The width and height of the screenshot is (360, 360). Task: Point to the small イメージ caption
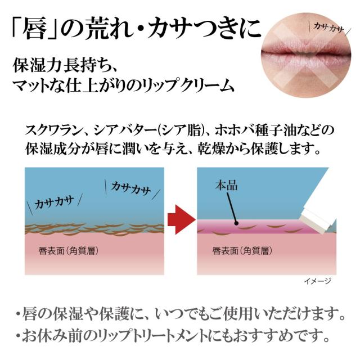click(318, 281)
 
